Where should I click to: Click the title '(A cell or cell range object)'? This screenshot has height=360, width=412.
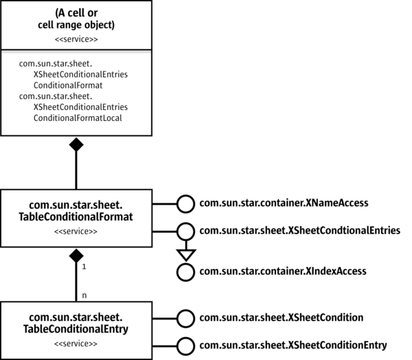tap(76, 19)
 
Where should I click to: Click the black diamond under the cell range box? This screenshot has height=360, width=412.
tap(76, 144)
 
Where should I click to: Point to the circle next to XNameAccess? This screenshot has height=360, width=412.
tap(185, 203)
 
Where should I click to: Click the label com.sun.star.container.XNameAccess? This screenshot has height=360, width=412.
tap(284, 203)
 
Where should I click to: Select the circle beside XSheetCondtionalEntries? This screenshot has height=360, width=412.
tap(185, 231)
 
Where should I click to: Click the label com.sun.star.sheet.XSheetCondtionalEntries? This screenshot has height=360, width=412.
tap(299, 231)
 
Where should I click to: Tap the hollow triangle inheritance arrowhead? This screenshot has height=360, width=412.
tap(185, 252)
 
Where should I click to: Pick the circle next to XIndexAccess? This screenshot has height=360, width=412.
tap(185, 271)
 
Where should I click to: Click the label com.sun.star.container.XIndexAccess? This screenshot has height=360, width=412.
tap(284, 271)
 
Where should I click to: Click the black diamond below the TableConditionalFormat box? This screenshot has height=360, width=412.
tap(76, 257)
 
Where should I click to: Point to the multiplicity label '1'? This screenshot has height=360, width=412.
tap(84, 265)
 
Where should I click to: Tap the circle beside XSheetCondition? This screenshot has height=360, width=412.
tap(185, 317)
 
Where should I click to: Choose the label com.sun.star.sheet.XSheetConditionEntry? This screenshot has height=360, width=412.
tap(293, 345)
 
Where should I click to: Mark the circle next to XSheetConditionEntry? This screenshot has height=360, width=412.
tap(185, 345)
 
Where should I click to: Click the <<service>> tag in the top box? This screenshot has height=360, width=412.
tap(76, 39)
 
